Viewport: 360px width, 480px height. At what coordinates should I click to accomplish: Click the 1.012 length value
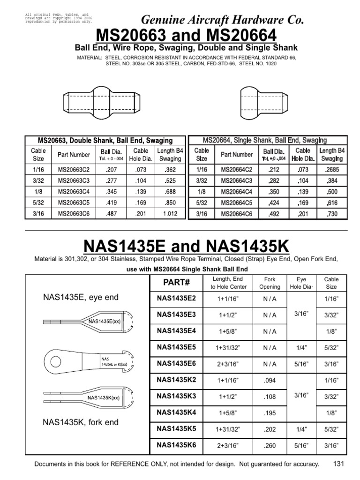[x=170, y=213]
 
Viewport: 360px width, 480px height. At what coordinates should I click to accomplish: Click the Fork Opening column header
[x=270, y=283]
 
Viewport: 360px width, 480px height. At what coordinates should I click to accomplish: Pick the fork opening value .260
[x=270, y=444]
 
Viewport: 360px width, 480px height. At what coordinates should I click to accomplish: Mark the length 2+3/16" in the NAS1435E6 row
[x=226, y=364]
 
